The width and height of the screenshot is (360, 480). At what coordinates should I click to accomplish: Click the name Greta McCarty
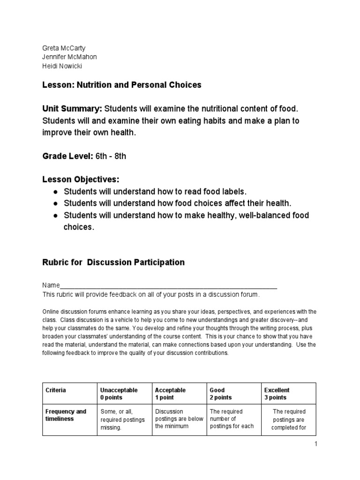pos(64,48)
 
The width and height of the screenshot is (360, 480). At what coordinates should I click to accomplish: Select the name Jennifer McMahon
pos(70,57)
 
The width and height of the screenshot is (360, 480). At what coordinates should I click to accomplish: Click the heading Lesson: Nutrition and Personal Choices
pos(122,85)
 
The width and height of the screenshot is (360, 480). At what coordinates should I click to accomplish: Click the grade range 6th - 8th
pos(111,156)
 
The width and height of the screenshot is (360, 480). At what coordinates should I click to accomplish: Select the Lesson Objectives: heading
pos(81,180)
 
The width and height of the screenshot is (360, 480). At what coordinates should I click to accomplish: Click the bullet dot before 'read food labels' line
pos(55,192)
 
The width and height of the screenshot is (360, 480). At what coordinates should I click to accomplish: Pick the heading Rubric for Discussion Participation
pos(113,262)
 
